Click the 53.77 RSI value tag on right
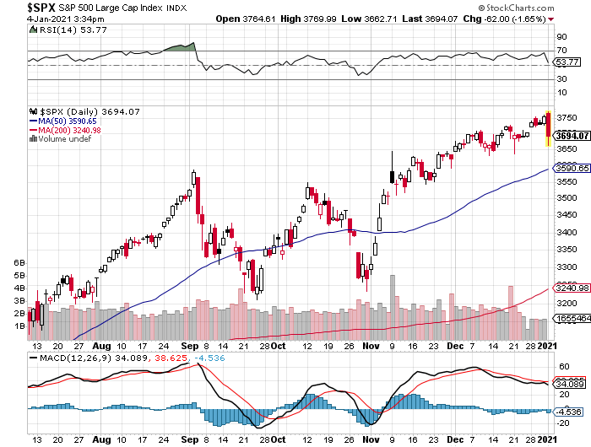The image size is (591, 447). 569,62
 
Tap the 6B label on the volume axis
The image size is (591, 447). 20,262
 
